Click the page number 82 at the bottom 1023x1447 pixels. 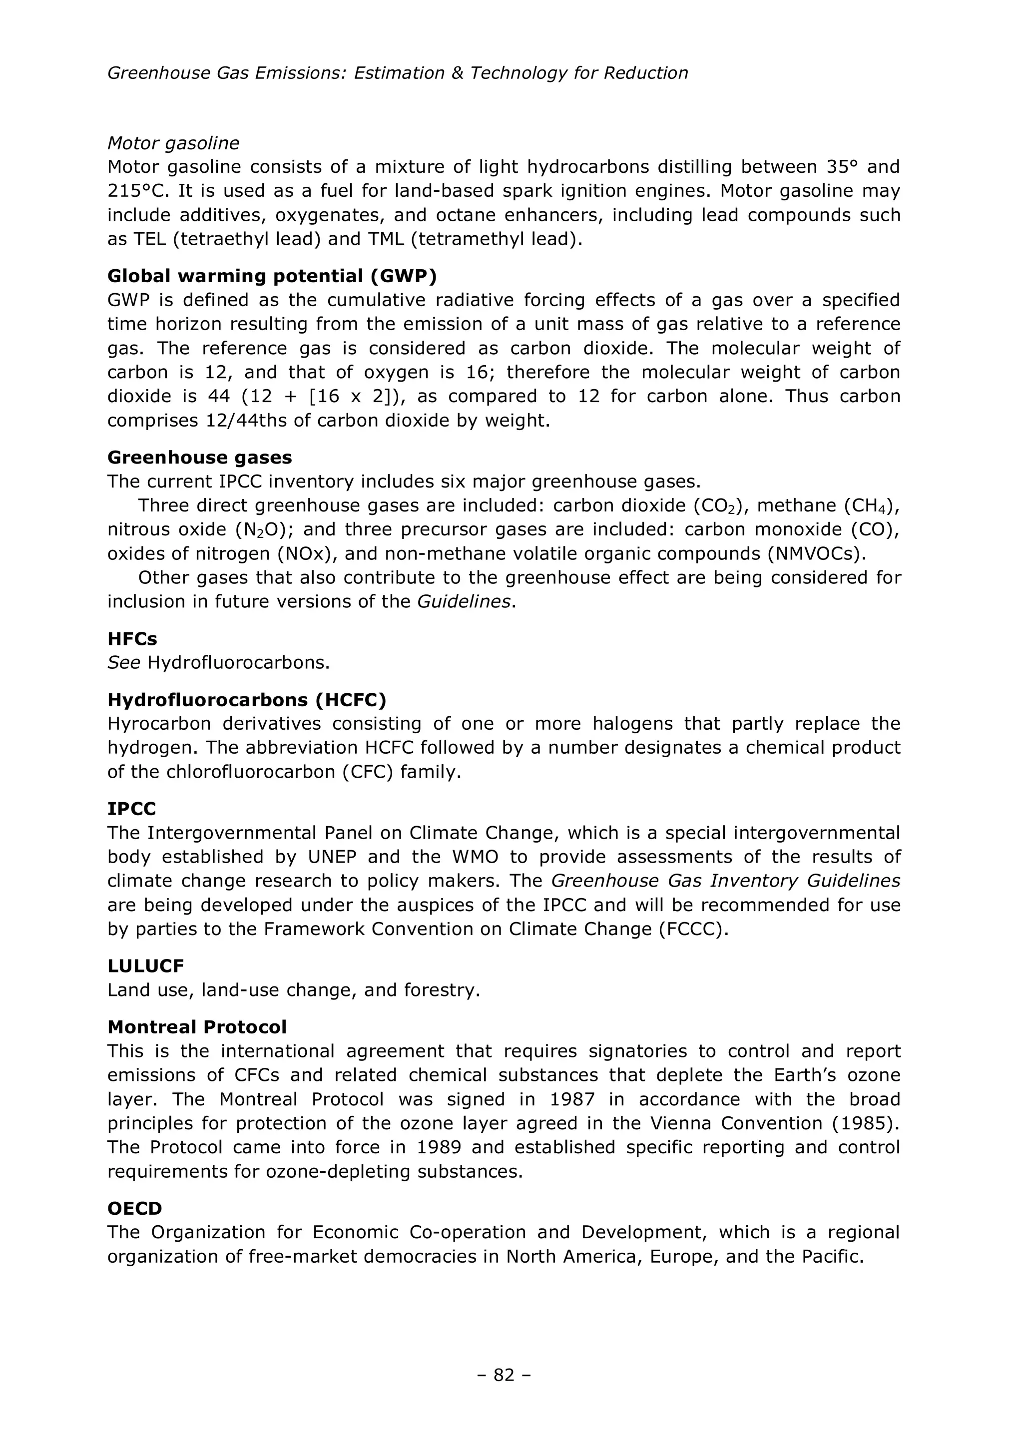504,1375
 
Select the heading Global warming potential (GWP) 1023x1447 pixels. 272,276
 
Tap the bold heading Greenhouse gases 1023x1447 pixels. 200,457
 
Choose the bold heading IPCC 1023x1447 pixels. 132,809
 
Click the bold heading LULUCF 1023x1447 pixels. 145,965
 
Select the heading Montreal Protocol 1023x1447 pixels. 197,1027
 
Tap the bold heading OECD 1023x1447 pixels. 135,1208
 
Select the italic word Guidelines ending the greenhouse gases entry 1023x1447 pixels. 464,601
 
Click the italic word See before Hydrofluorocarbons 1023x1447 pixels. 123,663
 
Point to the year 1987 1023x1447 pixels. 572,1099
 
